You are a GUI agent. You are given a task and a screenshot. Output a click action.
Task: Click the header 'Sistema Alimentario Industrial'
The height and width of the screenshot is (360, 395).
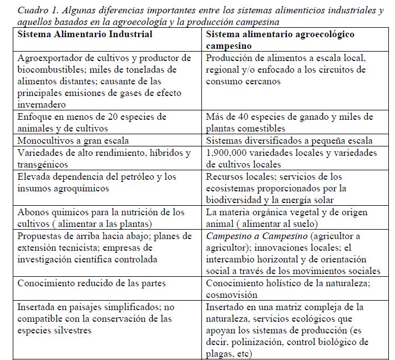click(x=85, y=34)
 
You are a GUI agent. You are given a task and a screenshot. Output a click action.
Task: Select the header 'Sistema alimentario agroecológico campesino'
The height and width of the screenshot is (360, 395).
click(x=280, y=39)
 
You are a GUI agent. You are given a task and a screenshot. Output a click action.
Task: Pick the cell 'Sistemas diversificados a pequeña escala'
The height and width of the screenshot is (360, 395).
click(x=289, y=140)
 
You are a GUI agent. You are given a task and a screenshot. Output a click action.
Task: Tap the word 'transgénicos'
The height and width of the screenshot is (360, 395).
click(x=43, y=164)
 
